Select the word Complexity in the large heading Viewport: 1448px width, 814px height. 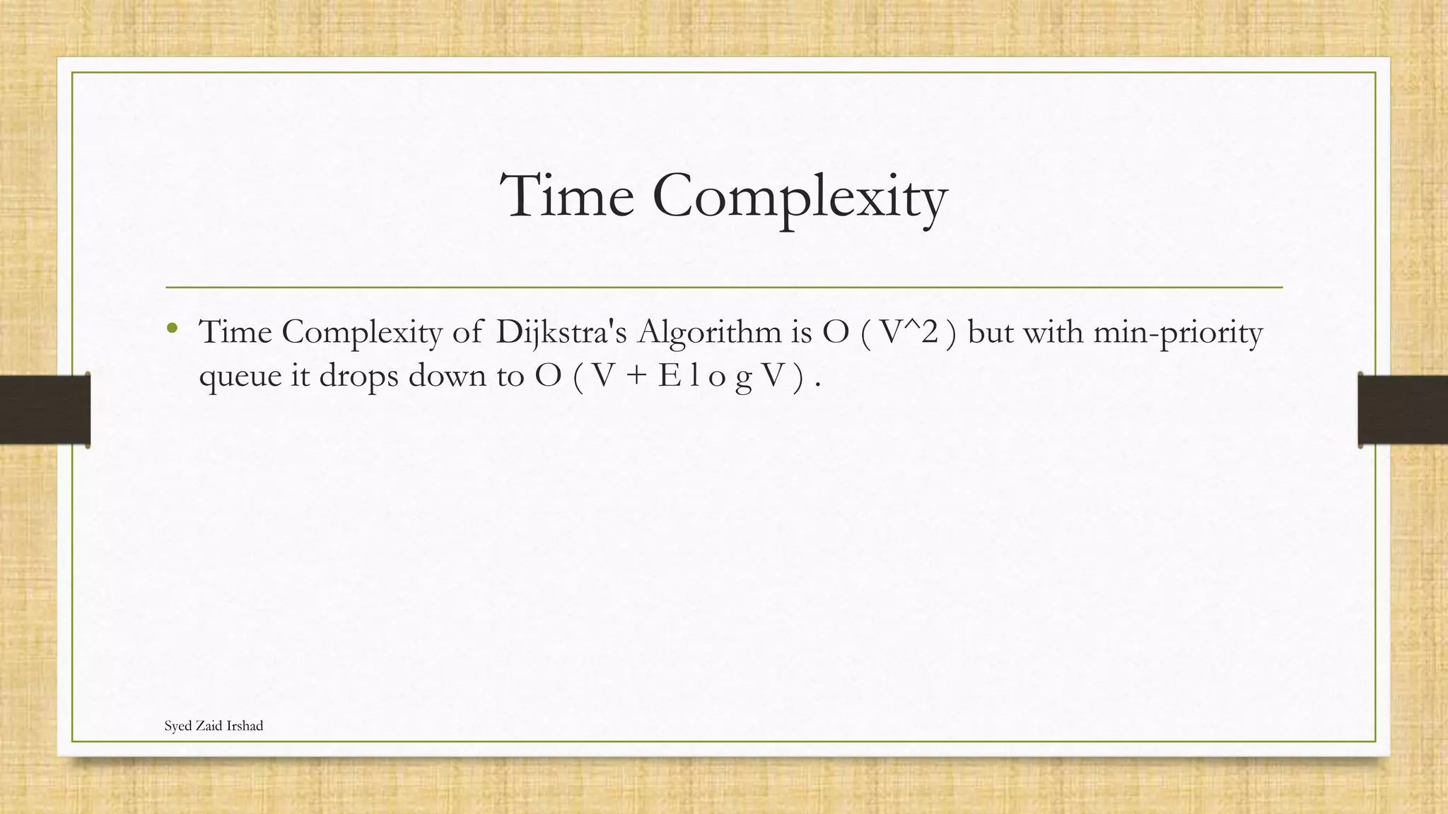pyautogui.click(x=800, y=198)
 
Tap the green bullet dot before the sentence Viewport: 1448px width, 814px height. pyautogui.click(x=172, y=327)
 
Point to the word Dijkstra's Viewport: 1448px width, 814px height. pyautogui.click(x=561, y=332)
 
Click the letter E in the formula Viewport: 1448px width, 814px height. pyautogui.click(x=668, y=375)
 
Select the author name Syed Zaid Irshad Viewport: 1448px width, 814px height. pyautogui.click(x=214, y=726)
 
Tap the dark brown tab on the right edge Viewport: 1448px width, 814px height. pyautogui.click(x=1403, y=410)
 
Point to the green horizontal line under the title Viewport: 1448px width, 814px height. pyautogui.click(x=724, y=288)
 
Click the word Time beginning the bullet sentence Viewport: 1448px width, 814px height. pyautogui.click(x=235, y=331)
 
